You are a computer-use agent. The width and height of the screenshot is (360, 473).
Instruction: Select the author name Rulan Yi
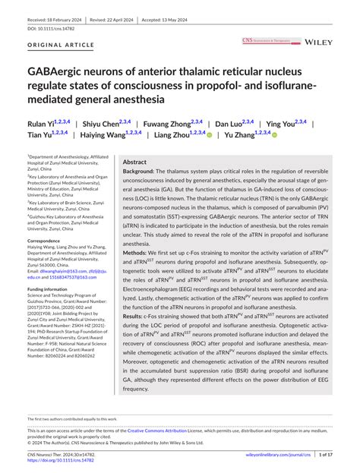(x=43, y=123)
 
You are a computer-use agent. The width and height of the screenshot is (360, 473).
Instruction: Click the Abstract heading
(x=134, y=162)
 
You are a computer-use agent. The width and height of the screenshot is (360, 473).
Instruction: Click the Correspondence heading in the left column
(x=49, y=240)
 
